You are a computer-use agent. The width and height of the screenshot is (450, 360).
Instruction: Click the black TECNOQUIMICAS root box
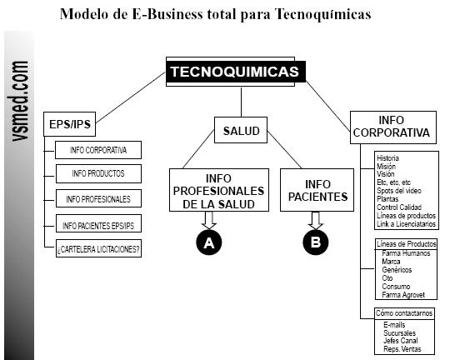236,72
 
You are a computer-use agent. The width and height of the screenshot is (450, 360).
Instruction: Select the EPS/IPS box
69,124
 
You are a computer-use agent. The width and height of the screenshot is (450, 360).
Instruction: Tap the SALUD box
241,130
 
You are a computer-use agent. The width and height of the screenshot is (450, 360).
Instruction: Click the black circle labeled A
209,242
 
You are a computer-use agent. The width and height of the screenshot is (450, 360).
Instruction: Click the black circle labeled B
316,242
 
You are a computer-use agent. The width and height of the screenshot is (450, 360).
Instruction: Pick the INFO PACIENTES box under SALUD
317,190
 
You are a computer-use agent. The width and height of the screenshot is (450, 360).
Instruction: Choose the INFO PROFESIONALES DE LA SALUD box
219,190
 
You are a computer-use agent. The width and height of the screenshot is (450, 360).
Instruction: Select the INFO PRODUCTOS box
98,173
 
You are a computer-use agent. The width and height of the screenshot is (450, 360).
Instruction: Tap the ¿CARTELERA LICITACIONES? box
98,248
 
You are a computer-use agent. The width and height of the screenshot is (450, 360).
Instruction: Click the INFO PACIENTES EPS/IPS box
98,223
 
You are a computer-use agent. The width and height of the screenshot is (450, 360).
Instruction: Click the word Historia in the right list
387,158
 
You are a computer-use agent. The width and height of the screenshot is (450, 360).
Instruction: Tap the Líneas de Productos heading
407,244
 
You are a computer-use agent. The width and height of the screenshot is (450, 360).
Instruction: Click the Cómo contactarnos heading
404,313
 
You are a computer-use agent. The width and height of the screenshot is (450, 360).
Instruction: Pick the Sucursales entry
399,333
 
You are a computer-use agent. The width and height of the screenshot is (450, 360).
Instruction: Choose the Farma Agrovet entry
403,295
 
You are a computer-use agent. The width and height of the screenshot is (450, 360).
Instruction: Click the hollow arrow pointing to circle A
209,221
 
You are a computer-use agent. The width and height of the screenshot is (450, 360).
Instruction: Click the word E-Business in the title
167,14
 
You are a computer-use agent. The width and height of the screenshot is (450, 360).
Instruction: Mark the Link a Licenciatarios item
406,224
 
